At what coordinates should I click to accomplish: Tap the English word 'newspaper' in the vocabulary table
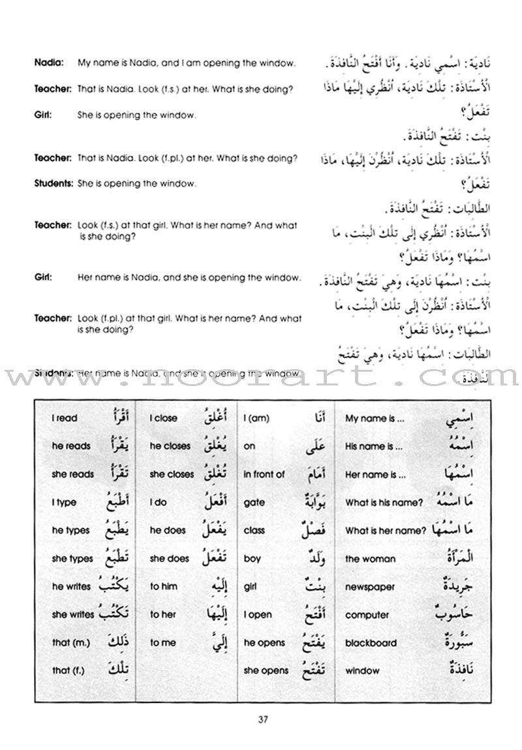click(370, 587)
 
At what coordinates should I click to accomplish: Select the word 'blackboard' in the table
click(371, 643)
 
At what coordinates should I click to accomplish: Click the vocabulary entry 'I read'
click(65, 419)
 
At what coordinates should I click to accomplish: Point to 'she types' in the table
click(72, 559)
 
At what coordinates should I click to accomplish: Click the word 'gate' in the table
click(253, 503)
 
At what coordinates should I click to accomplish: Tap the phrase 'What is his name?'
click(384, 503)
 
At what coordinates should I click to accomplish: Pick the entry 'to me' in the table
click(162, 643)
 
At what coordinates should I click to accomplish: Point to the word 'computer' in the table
click(367, 615)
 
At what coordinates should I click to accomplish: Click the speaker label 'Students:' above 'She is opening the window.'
click(54, 184)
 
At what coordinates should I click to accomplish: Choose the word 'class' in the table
click(254, 531)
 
